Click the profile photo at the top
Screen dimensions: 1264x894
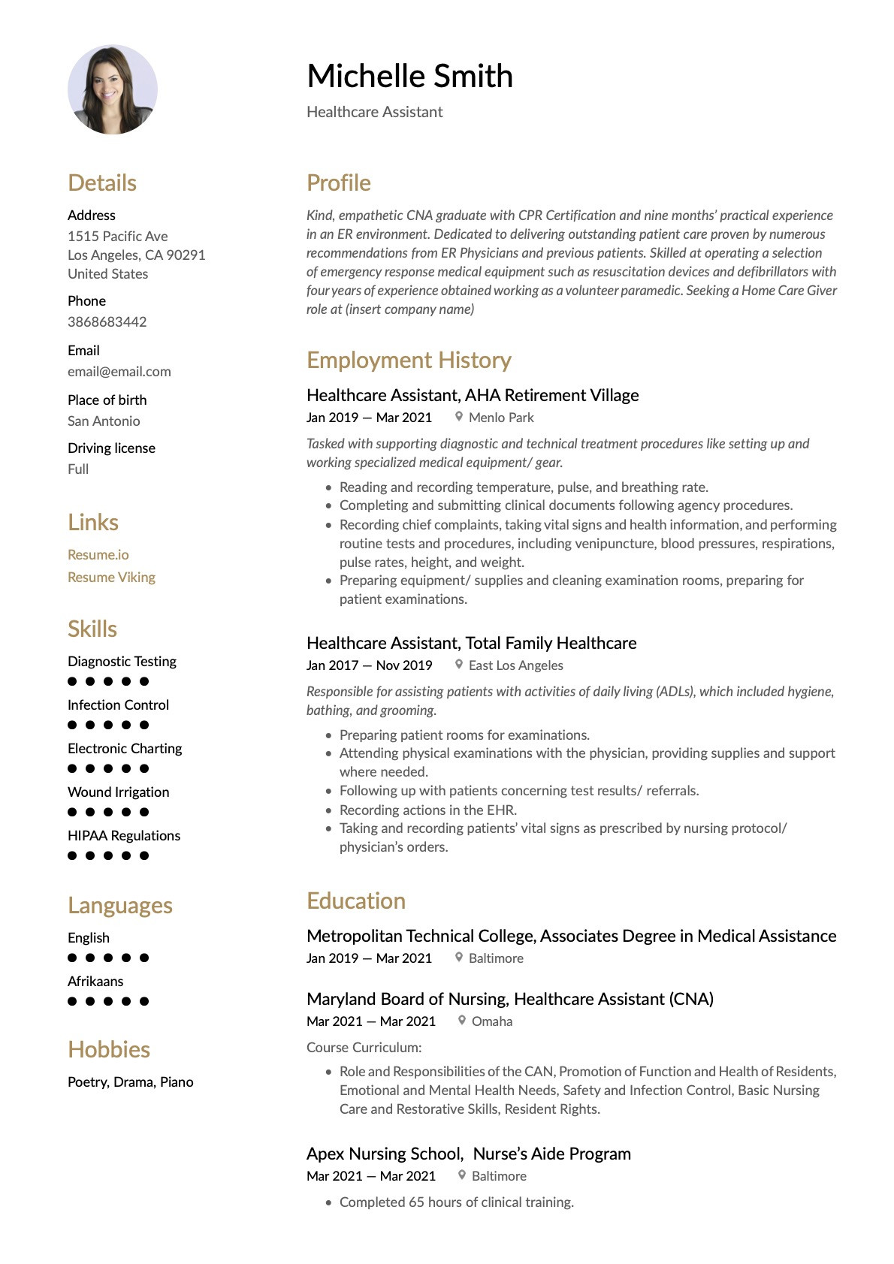pyautogui.click(x=113, y=89)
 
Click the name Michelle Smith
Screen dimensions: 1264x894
pyautogui.click(x=409, y=76)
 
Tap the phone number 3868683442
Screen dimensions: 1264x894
pyautogui.click(x=107, y=321)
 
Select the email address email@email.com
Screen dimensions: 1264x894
pyautogui.click(x=119, y=371)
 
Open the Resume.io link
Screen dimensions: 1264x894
pyautogui.click(x=98, y=554)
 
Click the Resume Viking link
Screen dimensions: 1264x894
pyautogui.click(x=111, y=577)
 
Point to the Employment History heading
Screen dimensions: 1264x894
pyautogui.click(x=409, y=360)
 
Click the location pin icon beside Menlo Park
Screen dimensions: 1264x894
pyautogui.click(x=459, y=416)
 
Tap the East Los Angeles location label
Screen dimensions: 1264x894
pyautogui.click(x=515, y=665)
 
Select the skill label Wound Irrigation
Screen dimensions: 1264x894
pyautogui.click(x=118, y=792)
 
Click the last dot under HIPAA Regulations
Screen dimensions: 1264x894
pyautogui.click(x=144, y=855)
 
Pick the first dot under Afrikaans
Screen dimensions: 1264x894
pyautogui.click(x=72, y=1001)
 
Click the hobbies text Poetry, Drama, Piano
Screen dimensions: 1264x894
pyautogui.click(x=130, y=1081)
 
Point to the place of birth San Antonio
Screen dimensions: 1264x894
pyautogui.click(x=104, y=421)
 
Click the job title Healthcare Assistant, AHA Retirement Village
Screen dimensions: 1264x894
pyautogui.click(x=473, y=395)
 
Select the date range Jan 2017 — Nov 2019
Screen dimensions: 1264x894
pyautogui.click(x=369, y=665)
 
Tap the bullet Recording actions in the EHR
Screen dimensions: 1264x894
pyautogui.click(x=427, y=810)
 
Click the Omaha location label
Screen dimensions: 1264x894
pyautogui.click(x=491, y=1021)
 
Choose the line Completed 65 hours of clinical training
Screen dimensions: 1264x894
pyautogui.click(x=456, y=1202)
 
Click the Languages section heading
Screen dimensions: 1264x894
pyautogui.click(x=119, y=905)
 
